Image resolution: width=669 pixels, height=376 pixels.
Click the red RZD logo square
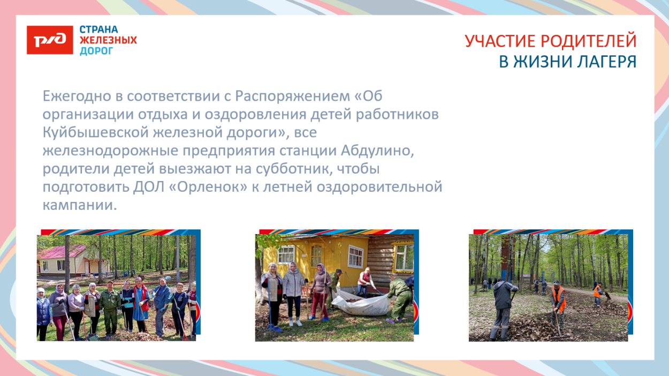pos(50,40)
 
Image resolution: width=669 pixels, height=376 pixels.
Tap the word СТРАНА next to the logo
pos(98,29)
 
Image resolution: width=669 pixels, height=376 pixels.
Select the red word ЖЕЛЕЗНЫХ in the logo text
pos(108,40)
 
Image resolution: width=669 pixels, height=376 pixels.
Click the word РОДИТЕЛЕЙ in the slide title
pos(590,41)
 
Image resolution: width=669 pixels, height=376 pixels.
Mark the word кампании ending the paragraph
pos(79,205)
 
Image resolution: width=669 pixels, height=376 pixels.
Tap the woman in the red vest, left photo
pos(142,303)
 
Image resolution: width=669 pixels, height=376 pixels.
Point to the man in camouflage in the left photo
pos(110,308)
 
